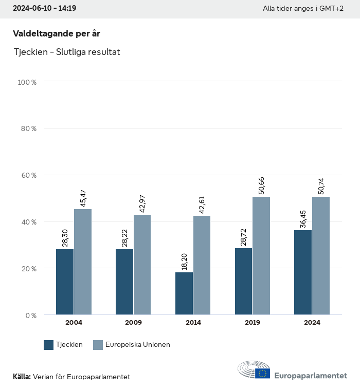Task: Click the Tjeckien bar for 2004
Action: tap(65, 282)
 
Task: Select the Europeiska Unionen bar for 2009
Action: tap(142, 265)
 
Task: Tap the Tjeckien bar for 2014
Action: tap(184, 293)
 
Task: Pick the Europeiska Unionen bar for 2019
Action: tap(261, 255)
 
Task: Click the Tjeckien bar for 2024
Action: tap(303, 272)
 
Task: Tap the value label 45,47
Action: tap(83, 198)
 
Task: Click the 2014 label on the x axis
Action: tap(193, 323)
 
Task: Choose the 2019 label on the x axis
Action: tap(253, 323)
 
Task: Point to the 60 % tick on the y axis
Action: tap(29, 175)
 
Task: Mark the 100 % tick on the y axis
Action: tap(27, 82)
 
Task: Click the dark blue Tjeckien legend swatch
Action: tap(49, 345)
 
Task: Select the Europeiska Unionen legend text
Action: tap(137, 345)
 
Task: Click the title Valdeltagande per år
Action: tap(56, 33)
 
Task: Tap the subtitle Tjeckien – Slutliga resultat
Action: tap(67, 52)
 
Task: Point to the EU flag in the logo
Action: tap(262, 374)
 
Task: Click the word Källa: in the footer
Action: tap(22, 377)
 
